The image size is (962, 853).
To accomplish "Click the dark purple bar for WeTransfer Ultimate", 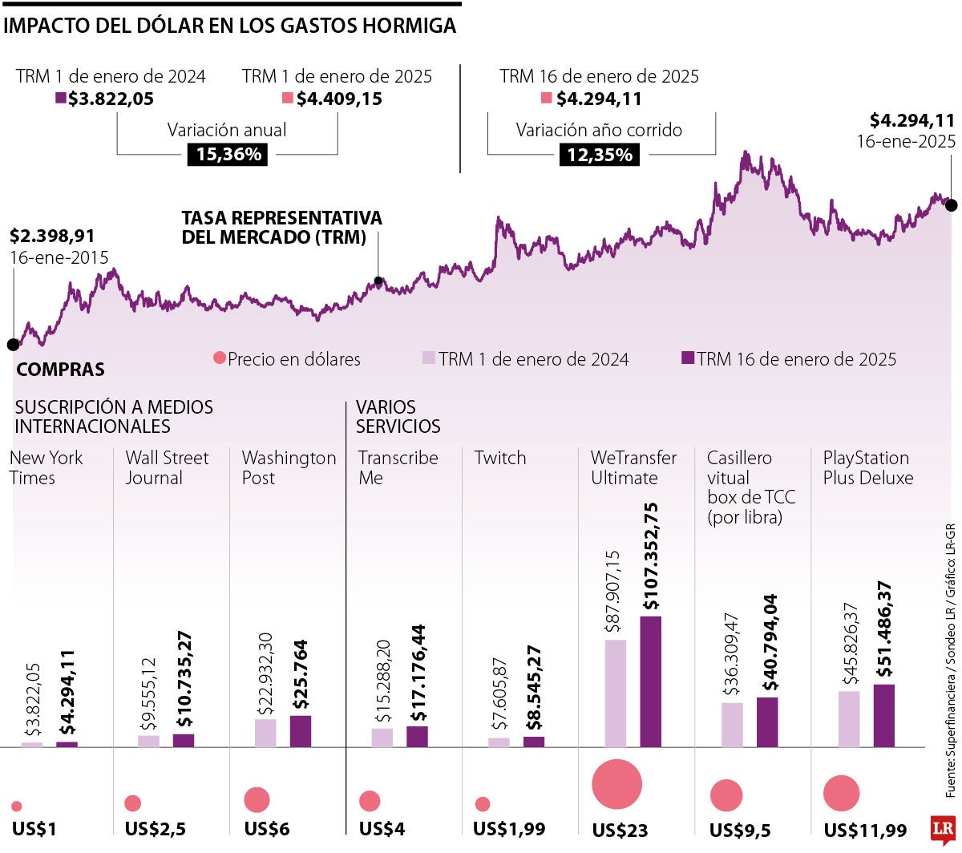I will (651, 681).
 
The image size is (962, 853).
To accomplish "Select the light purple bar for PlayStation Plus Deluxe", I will (849, 719).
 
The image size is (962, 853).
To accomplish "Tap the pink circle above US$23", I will (616, 783).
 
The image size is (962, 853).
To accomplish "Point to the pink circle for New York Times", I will (17, 807).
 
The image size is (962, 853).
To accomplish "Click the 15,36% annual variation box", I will (228, 155).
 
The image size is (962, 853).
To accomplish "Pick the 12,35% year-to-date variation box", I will (599, 155).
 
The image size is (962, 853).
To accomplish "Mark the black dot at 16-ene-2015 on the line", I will (13, 345).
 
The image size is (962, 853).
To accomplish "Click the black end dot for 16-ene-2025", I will (951, 205).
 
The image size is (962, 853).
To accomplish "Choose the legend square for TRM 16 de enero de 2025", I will (687, 358).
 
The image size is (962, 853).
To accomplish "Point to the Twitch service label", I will (500, 458).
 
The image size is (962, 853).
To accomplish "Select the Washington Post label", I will (289, 467).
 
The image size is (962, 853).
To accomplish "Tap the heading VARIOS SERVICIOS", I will (398, 417).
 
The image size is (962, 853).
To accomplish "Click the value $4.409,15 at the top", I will (339, 99).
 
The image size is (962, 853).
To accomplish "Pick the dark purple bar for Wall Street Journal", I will (184, 740).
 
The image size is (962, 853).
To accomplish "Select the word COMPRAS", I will (60, 370).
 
